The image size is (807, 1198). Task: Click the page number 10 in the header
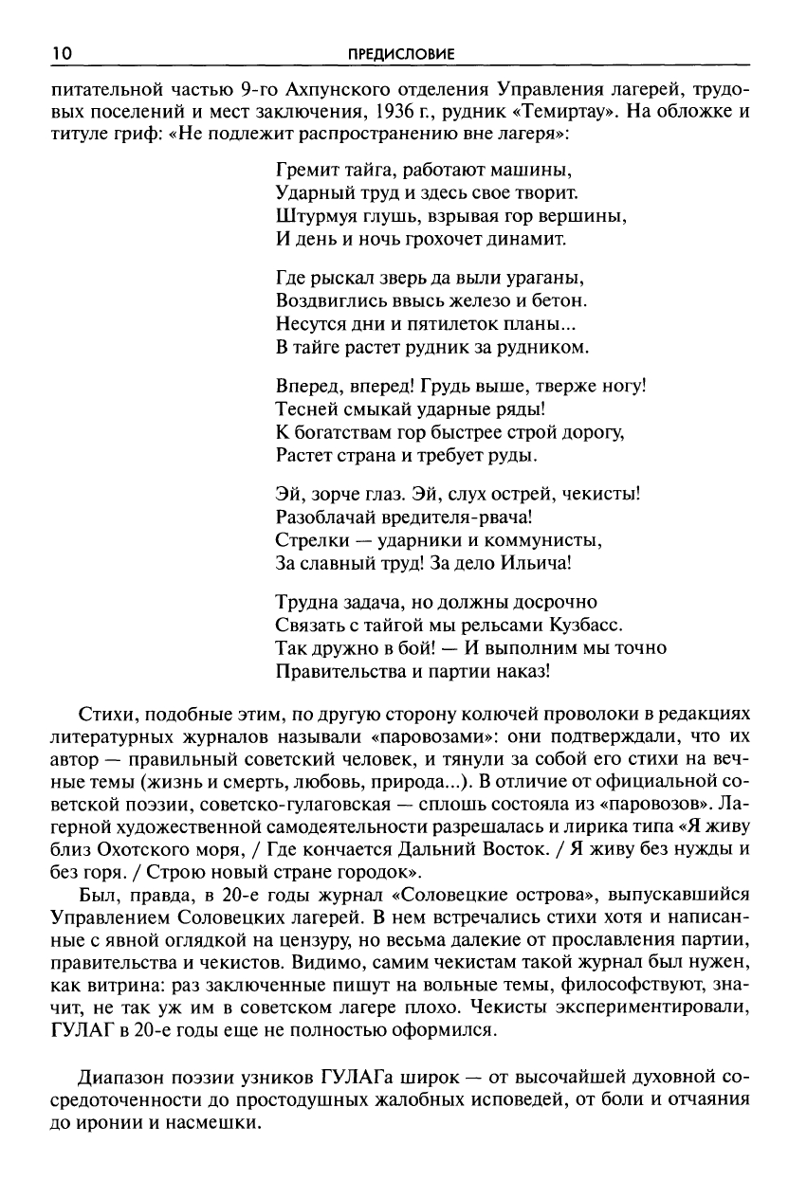pyautogui.click(x=62, y=54)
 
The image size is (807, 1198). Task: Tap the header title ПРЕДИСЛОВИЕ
pyautogui.click(x=402, y=55)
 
